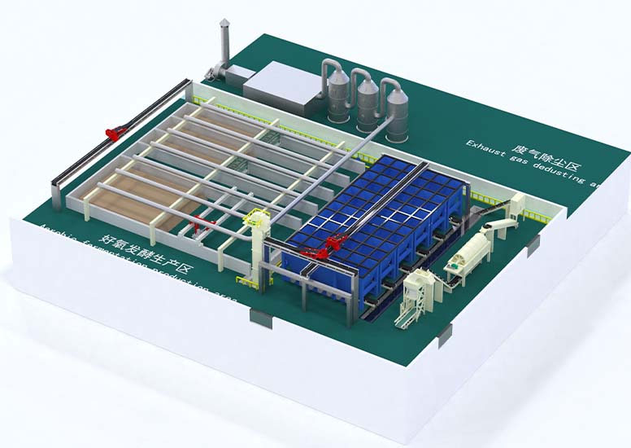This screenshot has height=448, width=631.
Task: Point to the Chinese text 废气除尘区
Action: pyautogui.click(x=546, y=158)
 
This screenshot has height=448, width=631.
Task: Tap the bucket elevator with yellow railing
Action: pyautogui.click(x=259, y=244)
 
